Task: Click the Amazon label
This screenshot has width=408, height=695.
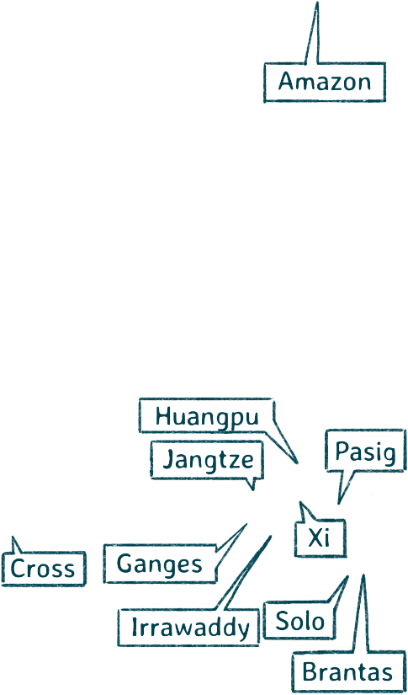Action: pos(325,83)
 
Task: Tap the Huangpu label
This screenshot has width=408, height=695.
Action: pos(206,416)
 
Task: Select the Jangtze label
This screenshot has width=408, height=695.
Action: pos(207,460)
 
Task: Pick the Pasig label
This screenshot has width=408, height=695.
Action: pos(365,451)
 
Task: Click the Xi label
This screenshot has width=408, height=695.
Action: pos(320,537)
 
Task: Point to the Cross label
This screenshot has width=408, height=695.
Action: pos(43,569)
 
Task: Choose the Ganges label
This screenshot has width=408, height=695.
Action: pos(160,564)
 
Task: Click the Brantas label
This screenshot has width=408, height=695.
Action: pos(348,672)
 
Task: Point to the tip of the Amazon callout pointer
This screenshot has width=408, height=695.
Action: pos(317,3)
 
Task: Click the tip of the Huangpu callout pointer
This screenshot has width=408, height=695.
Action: pos(297,463)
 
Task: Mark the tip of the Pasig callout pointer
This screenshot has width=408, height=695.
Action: pos(338,504)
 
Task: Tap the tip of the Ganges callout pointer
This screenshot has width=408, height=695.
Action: pos(246,524)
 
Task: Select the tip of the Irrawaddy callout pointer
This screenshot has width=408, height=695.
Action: pos(270,537)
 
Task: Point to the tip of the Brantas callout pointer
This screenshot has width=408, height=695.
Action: pos(363,575)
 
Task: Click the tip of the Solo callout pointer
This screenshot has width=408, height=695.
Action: pos(347,577)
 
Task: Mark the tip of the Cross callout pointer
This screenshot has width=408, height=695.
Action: pos(13,537)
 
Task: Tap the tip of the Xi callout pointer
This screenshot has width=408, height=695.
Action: pos(300,502)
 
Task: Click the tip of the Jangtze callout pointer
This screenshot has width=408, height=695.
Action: pos(252,489)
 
